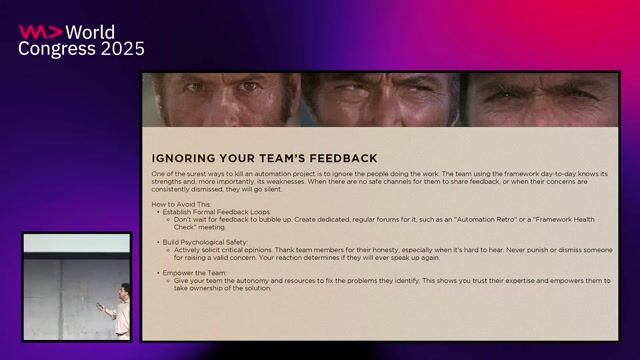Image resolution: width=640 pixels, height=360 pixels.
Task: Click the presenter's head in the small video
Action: pos(123,291)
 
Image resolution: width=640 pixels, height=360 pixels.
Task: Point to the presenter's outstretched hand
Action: pos(101,308)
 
